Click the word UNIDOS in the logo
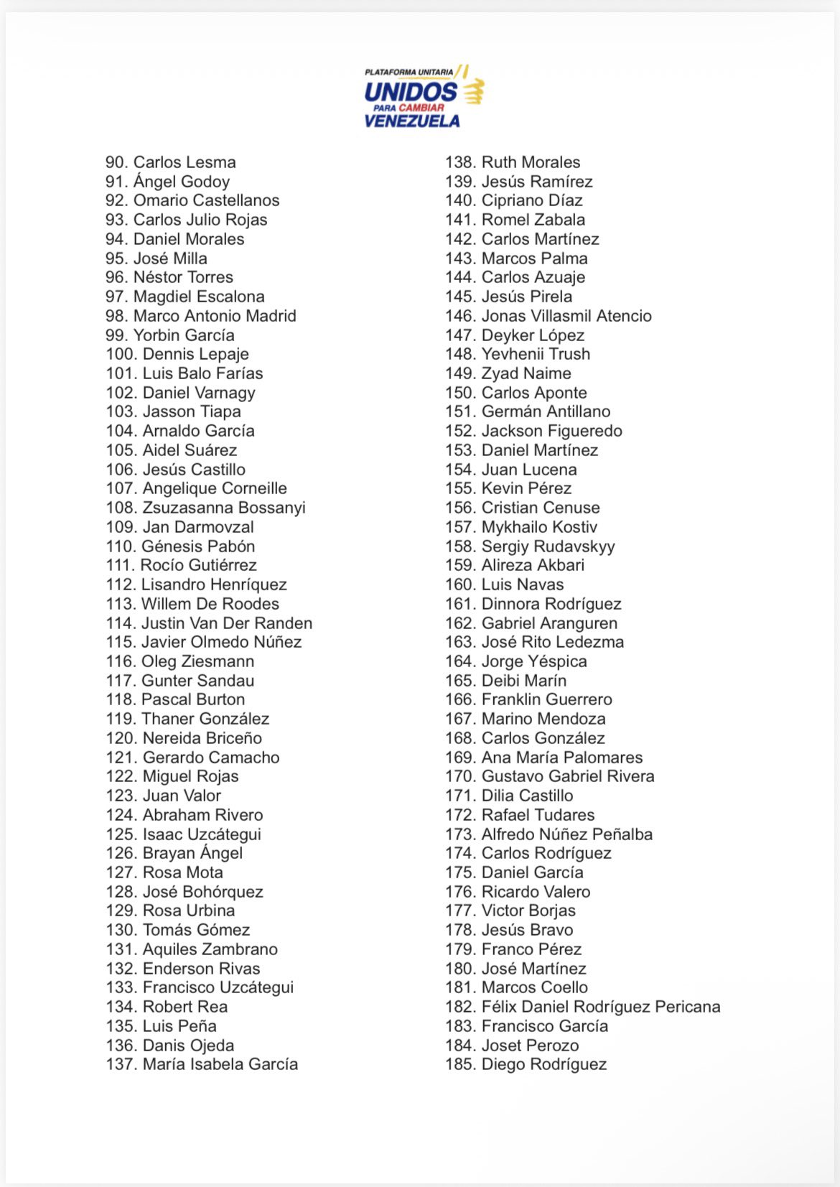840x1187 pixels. point(410,91)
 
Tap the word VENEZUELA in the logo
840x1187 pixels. point(411,121)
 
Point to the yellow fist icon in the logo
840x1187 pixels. point(473,91)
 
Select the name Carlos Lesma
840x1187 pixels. point(185,162)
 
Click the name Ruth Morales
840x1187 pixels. point(531,162)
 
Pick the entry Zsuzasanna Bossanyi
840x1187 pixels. point(224,508)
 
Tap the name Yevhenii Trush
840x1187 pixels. point(536,354)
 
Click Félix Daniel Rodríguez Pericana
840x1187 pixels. point(600,1007)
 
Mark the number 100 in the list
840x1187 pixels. point(121,354)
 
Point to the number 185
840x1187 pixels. point(460,1064)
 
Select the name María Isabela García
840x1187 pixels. point(220,1064)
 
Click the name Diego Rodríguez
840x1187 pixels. point(543,1064)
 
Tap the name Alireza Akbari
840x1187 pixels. point(533,565)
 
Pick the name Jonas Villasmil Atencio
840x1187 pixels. point(566,316)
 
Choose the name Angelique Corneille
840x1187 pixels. point(215,488)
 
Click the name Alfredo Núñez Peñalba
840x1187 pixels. point(566,834)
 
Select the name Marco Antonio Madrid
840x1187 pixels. point(215,316)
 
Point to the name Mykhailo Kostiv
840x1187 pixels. point(539,527)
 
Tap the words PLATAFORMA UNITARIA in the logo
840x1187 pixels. point(409,72)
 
